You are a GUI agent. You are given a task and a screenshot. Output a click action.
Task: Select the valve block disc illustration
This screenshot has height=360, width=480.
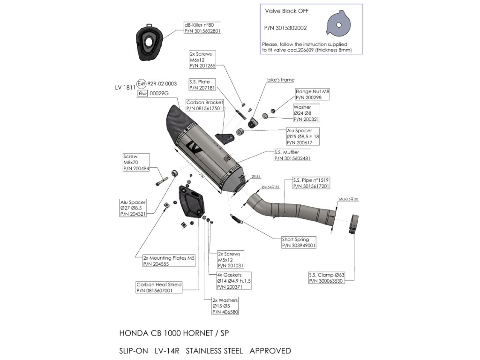[339, 26]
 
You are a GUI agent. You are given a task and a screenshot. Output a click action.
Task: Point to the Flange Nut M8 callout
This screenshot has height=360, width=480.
[312, 94]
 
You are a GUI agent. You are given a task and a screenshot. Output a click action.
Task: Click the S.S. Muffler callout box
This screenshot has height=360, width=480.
[292, 156]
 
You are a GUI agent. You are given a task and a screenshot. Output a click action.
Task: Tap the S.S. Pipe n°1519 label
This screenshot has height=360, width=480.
[311, 183]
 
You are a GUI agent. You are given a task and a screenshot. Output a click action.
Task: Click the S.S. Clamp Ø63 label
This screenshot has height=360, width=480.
[327, 278]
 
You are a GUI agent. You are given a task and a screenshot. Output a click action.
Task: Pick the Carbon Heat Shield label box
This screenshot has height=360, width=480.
[159, 287]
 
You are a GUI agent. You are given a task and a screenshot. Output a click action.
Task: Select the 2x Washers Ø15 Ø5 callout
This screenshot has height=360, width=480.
[225, 306]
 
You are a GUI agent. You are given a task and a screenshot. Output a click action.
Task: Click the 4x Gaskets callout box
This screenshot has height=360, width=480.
[233, 280]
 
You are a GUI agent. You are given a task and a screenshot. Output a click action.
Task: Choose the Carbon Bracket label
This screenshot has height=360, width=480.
[205, 105]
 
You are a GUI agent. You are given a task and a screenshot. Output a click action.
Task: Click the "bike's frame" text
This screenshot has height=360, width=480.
[281, 80]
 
